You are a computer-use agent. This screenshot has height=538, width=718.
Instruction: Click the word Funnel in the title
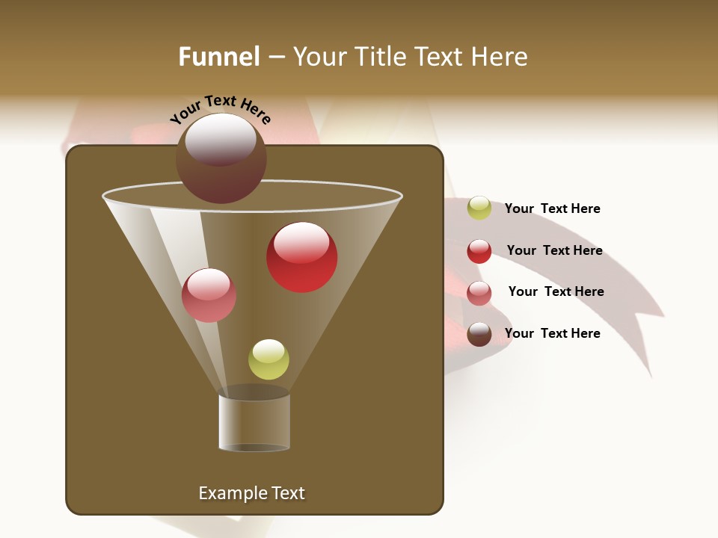[x=218, y=57]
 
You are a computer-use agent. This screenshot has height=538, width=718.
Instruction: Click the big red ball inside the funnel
[x=302, y=258]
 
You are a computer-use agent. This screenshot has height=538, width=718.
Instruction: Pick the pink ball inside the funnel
[x=209, y=295]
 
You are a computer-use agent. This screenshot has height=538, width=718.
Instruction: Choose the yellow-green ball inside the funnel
[x=269, y=359]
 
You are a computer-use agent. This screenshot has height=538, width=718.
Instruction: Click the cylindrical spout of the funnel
[x=254, y=421]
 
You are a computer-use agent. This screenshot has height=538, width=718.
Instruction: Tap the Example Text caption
[x=251, y=493]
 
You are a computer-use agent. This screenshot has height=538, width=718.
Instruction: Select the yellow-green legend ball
[x=479, y=208]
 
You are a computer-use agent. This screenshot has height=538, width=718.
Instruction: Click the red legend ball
[x=479, y=251]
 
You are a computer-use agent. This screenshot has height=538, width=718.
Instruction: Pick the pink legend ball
[x=479, y=293]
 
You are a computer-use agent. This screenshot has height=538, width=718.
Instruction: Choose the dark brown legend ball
[x=479, y=334]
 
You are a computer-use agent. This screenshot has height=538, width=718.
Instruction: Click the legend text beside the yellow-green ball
[x=552, y=208]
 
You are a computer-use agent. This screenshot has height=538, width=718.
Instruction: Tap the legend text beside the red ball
[x=554, y=250]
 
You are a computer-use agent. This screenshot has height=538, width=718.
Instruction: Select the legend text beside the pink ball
[x=556, y=291]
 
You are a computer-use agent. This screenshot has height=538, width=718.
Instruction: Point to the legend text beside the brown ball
[x=552, y=333]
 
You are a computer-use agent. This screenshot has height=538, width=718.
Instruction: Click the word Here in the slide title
[x=502, y=57]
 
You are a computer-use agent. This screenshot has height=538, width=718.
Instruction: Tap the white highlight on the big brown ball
[x=221, y=139]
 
